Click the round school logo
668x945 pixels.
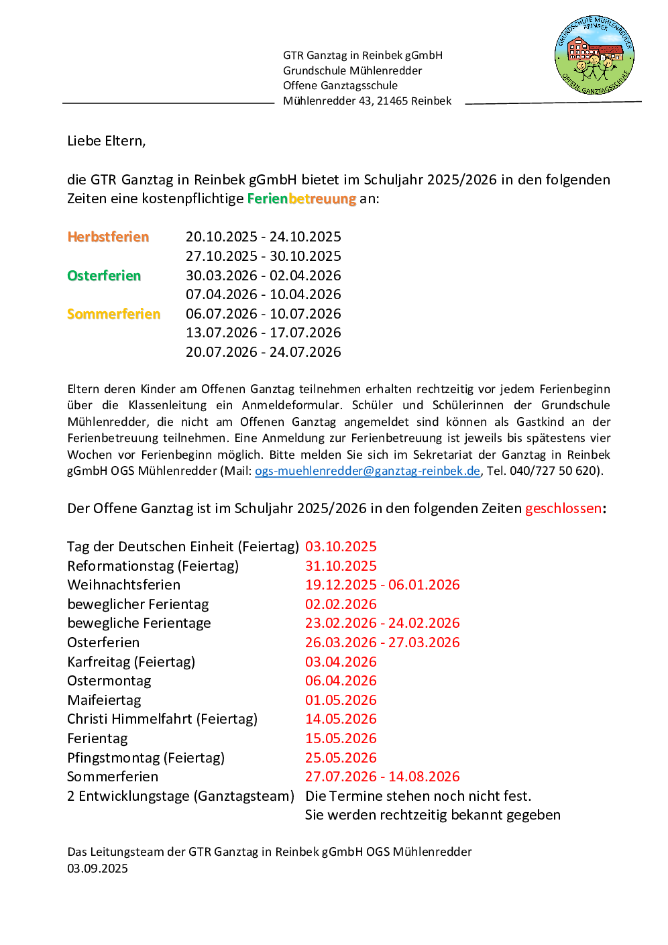594,56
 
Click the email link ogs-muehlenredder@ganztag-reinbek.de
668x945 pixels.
368,471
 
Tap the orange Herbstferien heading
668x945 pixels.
108,237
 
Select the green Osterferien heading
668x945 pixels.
104,276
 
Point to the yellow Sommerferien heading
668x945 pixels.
114,314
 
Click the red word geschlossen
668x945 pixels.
563,508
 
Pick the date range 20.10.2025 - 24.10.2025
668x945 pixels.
264,237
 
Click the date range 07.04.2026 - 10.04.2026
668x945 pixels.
264,294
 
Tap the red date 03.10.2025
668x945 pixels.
341,547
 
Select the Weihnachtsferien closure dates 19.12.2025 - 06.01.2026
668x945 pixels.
382,585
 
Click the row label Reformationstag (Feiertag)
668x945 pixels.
153,566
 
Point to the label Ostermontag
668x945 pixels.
109,681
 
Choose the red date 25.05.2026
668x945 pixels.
341,758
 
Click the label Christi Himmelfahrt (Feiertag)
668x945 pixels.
162,719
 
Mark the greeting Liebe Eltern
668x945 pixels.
106,141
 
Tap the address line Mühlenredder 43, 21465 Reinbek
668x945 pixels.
367,101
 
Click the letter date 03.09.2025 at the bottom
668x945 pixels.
97,869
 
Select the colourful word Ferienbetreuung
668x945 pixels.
302,199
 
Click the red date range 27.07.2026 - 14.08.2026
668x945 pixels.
382,777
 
